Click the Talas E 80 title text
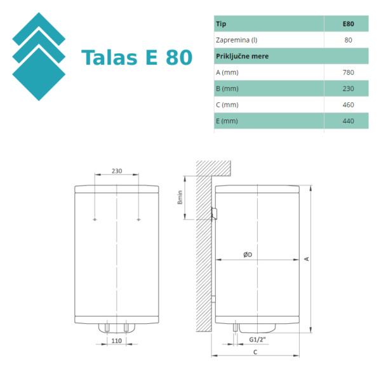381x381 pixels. coord(137,58)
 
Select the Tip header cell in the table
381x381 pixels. coord(222,24)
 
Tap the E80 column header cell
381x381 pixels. coord(347,24)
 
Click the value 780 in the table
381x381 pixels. coord(347,72)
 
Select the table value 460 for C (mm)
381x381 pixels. coord(347,105)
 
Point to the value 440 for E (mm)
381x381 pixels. coord(347,121)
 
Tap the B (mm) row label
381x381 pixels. coord(227,89)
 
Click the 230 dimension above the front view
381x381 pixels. coord(117,171)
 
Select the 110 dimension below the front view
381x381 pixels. coord(117,341)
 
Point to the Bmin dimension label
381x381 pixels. coord(180,198)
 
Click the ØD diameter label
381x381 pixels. coord(248,255)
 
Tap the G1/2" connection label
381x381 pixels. coord(257,340)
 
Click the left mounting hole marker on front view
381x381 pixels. coord(95,220)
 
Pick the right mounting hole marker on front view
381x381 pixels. coord(138,220)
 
